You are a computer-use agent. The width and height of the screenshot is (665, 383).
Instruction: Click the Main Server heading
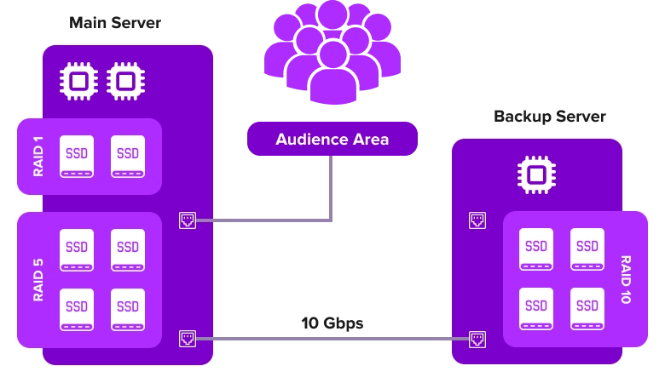(115, 22)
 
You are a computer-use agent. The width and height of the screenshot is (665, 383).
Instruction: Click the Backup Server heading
(550, 117)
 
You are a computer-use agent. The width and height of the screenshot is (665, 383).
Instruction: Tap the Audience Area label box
(332, 139)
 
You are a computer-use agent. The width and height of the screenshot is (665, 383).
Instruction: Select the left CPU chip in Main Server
(78, 82)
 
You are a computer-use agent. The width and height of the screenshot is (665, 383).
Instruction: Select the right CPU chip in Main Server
(125, 82)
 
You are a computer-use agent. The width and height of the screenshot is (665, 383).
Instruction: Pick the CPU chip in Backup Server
(536, 174)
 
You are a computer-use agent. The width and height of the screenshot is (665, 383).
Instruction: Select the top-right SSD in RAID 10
(587, 249)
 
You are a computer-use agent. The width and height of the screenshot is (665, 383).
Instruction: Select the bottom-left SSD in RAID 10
(536, 309)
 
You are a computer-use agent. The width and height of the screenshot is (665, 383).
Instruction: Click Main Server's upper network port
(188, 220)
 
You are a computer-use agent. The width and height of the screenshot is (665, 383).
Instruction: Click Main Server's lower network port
(188, 338)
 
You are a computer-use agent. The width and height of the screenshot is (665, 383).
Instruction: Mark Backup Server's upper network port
(477, 220)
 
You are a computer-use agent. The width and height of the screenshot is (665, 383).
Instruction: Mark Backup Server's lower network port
(477, 338)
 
